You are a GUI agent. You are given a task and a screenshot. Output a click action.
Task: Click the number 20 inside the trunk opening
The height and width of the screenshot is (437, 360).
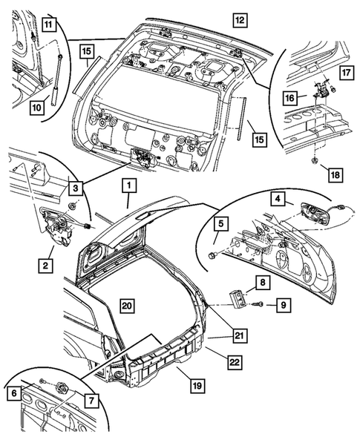[128, 306]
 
